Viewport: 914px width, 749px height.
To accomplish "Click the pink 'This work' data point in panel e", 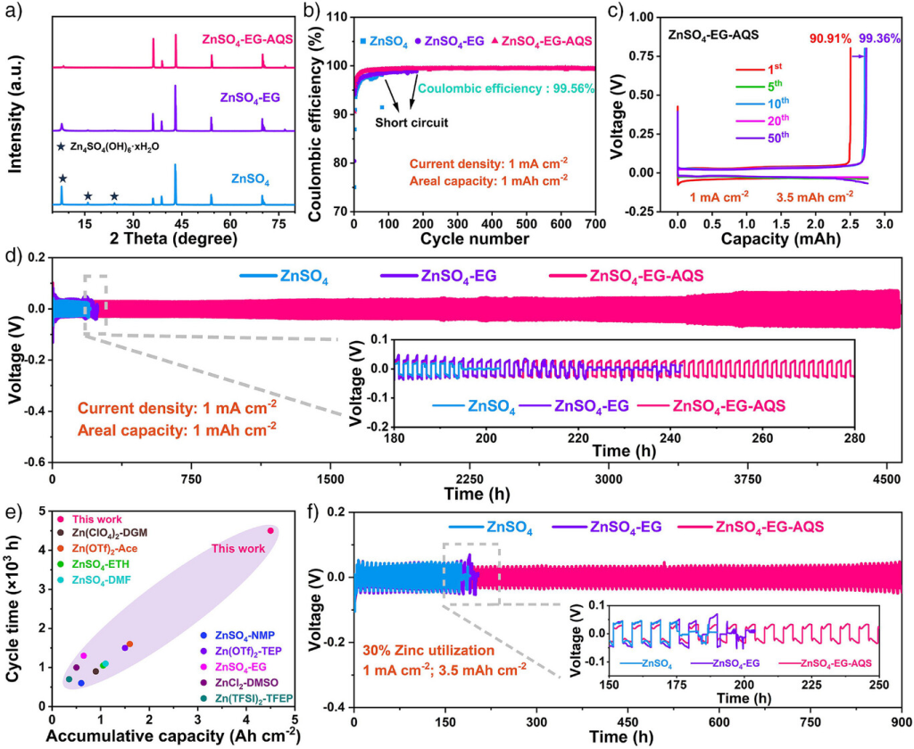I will click(270, 530).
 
